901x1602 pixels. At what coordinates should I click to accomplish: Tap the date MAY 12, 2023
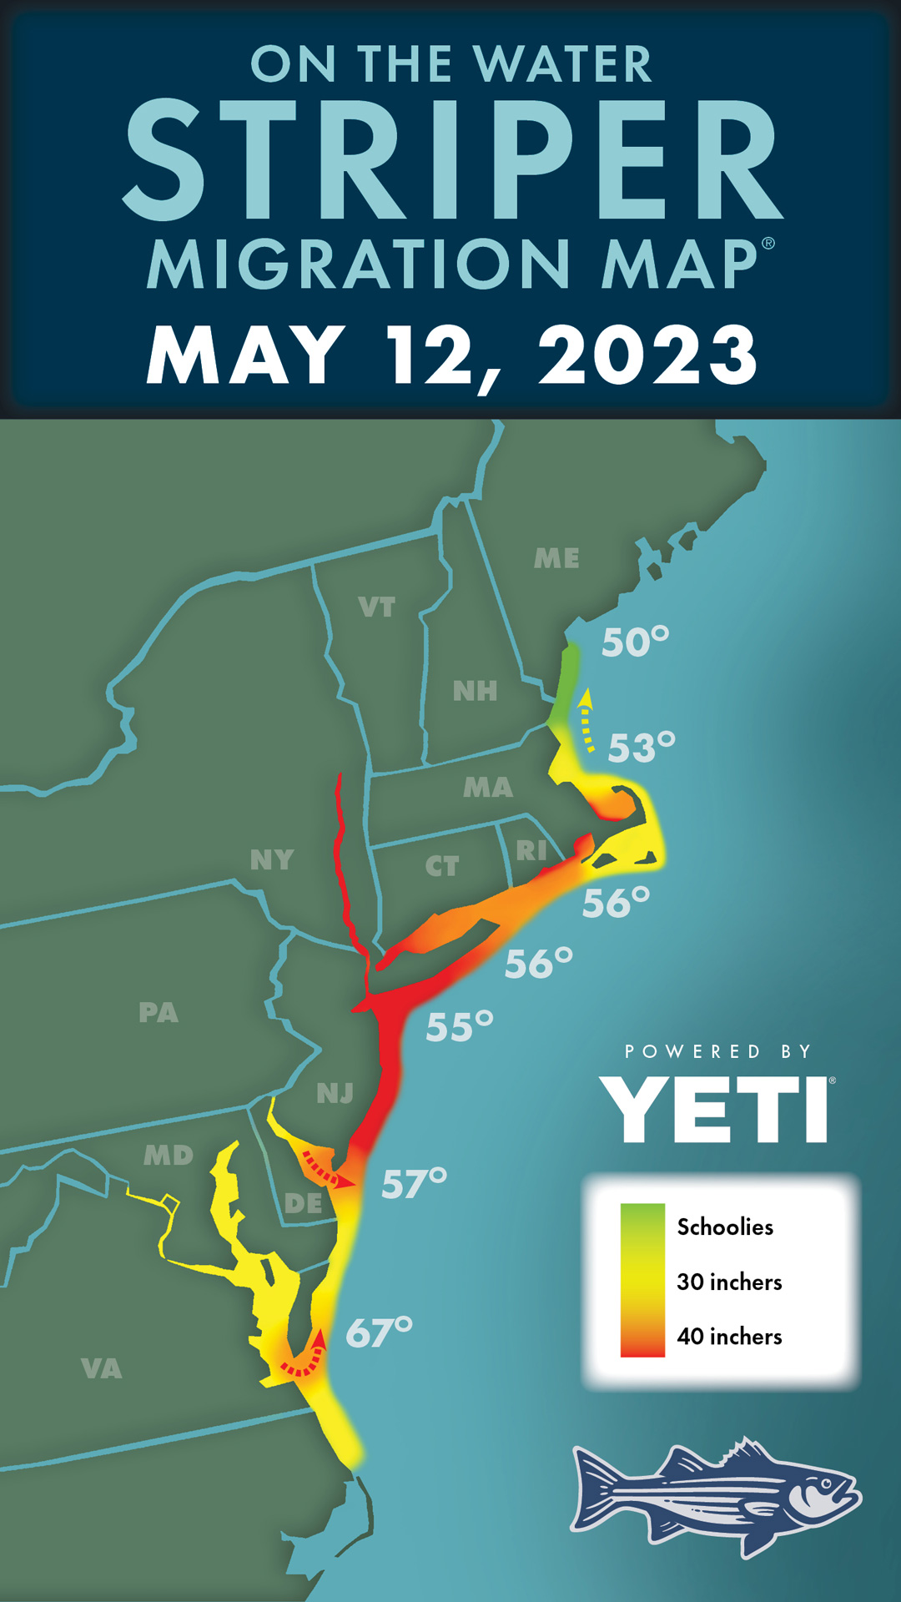coord(451,354)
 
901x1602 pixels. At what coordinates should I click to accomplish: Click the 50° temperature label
coord(635,642)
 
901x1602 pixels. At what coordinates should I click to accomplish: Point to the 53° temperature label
coord(641,747)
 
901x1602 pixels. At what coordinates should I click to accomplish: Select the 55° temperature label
coord(459,1026)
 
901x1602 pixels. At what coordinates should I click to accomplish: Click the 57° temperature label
coord(414,1183)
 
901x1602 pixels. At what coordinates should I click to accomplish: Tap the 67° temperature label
coord(379,1332)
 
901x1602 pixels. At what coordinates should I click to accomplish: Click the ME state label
coord(556,558)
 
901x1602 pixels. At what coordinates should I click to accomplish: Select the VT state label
coord(376,607)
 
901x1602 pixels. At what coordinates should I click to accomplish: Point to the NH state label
coord(475,691)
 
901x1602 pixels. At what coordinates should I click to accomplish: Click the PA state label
coord(159,1012)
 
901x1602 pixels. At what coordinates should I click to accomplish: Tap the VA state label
coord(102,1368)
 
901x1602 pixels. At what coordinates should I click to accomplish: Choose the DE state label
coord(303,1203)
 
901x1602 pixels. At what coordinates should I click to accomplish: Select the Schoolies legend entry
coord(724,1227)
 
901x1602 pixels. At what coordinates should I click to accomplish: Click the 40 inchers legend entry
coord(728,1336)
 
